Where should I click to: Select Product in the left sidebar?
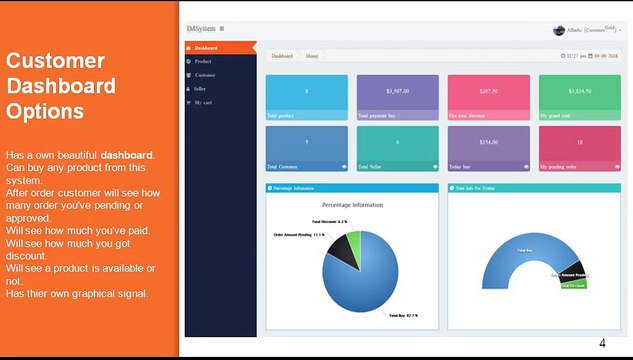[x=203, y=61]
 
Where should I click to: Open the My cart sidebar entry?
[x=204, y=102]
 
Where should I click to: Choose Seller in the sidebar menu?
[x=201, y=88]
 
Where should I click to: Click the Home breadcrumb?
[x=313, y=56]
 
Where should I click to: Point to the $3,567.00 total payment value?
[x=398, y=91]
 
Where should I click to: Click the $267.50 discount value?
[x=488, y=91]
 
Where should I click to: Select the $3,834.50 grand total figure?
[x=579, y=91]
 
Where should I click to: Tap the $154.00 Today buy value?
[x=488, y=142]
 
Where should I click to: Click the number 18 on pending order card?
[x=579, y=142]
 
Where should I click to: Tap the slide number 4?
[x=602, y=344]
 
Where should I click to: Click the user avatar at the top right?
[x=559, y=30]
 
